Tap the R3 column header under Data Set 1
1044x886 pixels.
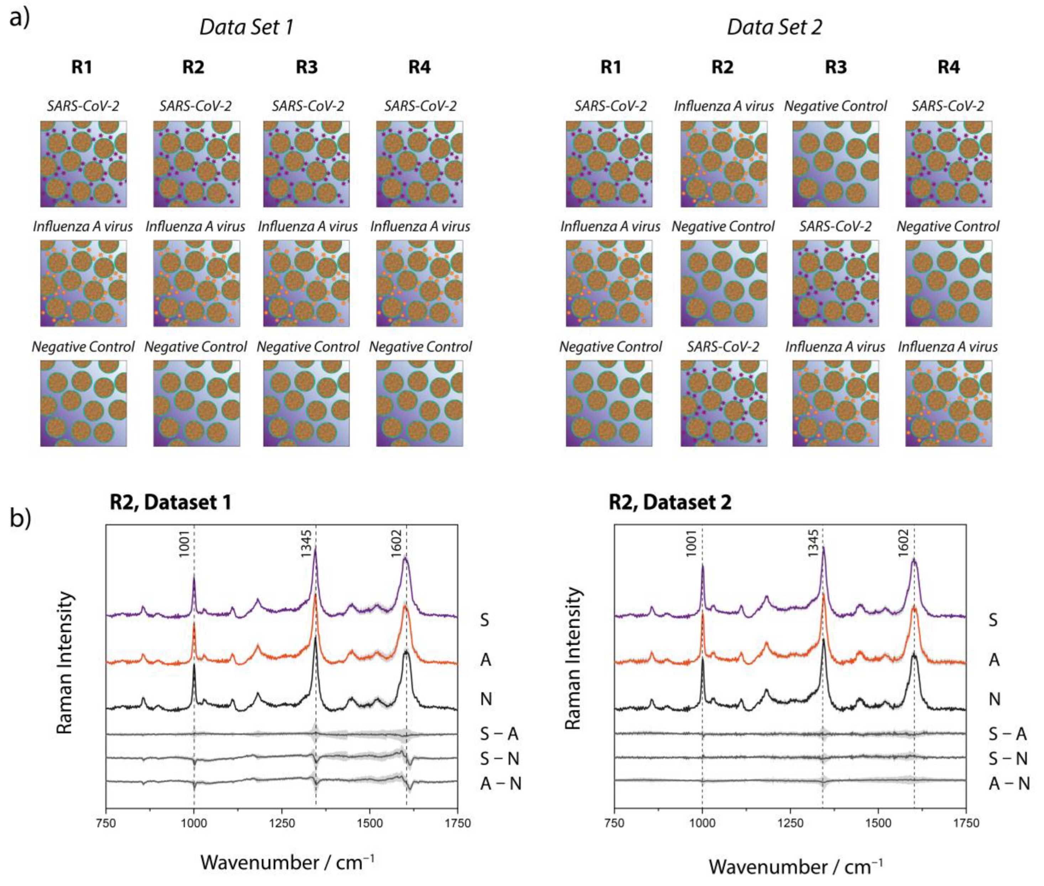(x=306, y=67)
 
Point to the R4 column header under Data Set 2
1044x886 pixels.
(x=949, y=67)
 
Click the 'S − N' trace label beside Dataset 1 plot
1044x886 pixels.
(x=499, y=758)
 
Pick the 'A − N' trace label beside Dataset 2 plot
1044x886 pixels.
(x=1009, y=783)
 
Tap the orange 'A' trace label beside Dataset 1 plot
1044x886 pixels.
(x=485, y=659)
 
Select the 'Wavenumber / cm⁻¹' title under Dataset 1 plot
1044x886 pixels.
(x=287, y=862)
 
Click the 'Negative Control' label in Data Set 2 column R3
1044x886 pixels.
(x=835, y=106)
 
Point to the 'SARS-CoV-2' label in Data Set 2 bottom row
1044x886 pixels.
(x=723, y=347)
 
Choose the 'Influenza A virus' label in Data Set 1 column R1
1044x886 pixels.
(x=83, y=227)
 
